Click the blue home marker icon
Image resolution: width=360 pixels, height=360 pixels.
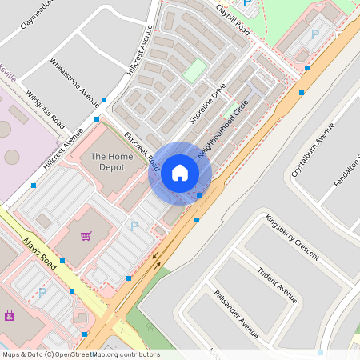[180, 173]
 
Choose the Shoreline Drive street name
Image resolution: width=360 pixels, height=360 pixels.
[207, 103]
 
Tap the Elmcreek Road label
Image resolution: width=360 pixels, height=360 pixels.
[142, 150]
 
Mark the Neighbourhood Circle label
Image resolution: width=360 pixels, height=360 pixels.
[225, 127]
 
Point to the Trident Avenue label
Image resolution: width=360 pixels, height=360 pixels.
[277, 282]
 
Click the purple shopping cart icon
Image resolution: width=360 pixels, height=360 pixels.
[86, 236]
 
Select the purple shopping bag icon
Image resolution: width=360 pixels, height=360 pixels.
[10, 314]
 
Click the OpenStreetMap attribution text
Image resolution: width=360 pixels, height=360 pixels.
[80, 354]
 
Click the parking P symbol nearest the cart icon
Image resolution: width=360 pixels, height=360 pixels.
[134, 227]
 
